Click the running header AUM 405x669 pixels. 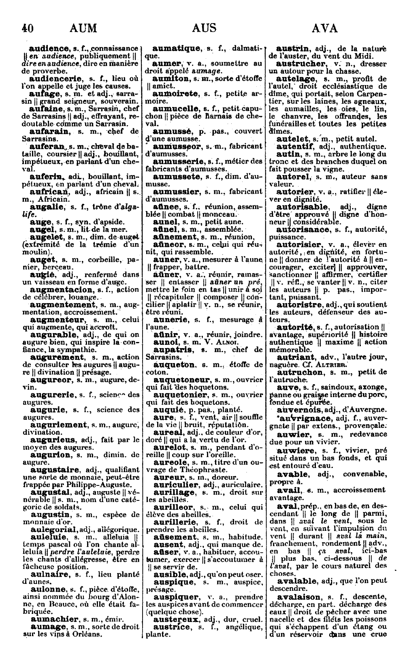pyautogui.click(x=83, y=28)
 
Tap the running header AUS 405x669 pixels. pyautogui.click(x=204, y=28)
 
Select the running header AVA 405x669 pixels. pyautogui.click(x=325, y=28)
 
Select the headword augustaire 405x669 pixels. pyautogui.click(x=55, y=470)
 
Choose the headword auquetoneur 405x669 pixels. pyautogui.click(x=182, y=380)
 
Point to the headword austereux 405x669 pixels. pyautogui.click(x=176, y=619)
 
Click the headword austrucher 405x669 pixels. pyautogui.click(x=301, y=64)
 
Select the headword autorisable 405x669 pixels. pyautogui.click(x=303, y=207)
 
